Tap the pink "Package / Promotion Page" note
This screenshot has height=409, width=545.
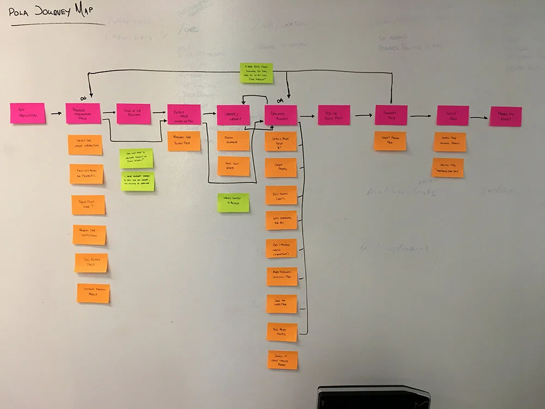83,113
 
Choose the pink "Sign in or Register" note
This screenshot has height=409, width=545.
134,114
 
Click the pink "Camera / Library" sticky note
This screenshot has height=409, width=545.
233,116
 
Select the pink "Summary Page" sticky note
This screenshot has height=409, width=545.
391,115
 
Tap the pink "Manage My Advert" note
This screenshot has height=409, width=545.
505,116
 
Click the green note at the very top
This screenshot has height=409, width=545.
257,74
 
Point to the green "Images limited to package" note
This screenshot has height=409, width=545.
233,203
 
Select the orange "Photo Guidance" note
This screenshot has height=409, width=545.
233,141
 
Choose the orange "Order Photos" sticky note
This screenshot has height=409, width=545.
281,167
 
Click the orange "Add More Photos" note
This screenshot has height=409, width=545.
282,332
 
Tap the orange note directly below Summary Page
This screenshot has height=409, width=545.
390,141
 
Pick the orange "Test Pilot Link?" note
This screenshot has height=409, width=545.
88,204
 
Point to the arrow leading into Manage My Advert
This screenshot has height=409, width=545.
479,117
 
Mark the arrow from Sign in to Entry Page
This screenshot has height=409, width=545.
159,112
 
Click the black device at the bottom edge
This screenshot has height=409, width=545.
373,397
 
